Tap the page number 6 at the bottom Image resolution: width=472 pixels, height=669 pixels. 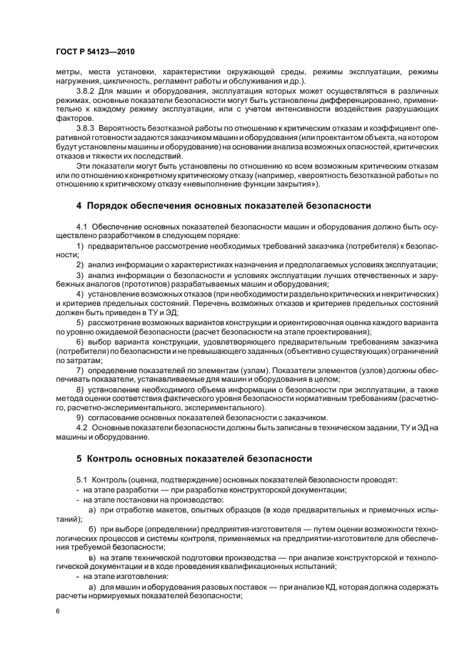57,612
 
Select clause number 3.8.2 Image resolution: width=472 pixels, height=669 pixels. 87,91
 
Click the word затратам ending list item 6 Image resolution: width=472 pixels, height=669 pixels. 73,360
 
